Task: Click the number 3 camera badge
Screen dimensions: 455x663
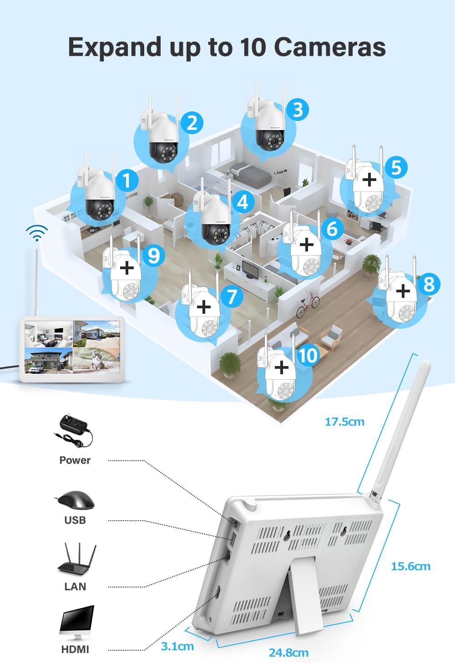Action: (298, 110)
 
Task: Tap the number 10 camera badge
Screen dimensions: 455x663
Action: (308, 355)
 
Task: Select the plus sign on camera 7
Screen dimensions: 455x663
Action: (204, 306)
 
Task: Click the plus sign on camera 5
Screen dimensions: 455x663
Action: (369, 179)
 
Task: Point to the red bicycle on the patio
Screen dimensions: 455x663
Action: (308, 304)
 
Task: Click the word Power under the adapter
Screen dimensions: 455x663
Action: (75, 460)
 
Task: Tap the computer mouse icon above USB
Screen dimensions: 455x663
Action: (75, 500)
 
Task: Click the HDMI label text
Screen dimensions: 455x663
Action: (75, 649)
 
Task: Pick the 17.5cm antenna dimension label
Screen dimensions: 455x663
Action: (344, 422)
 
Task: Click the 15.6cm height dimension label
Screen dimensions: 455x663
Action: (410, 567)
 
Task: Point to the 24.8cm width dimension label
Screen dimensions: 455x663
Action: (288, 653)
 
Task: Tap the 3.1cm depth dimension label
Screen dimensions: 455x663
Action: (177, 647)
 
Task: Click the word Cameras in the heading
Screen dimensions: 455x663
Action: (330, 47)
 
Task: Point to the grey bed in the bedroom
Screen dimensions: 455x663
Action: (250, 175)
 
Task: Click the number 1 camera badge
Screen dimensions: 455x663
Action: (127, 180)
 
